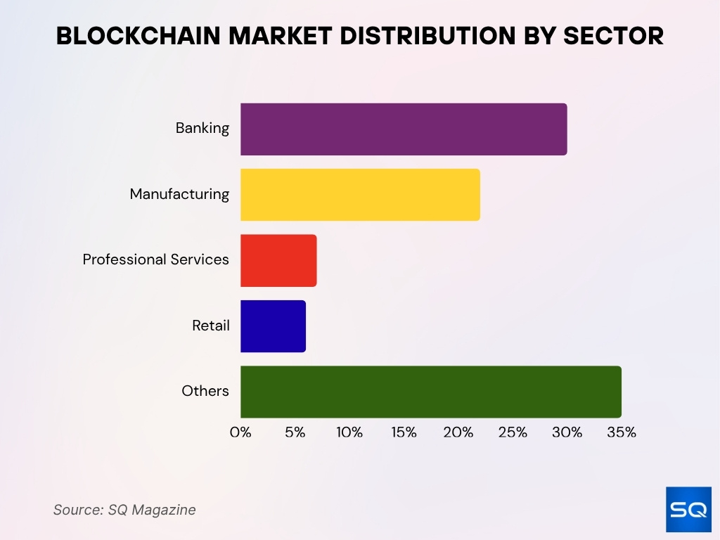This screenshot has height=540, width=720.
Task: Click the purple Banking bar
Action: point(404,129)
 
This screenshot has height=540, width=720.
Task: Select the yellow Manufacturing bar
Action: point(360,195)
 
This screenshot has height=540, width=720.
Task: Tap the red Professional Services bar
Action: point(278,260)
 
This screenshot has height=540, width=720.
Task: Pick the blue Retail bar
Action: point(273,326)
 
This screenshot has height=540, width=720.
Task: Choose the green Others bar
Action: point(430,392)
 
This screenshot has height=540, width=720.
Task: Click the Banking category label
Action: point(202,128)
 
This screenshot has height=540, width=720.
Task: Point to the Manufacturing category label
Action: point(179,194)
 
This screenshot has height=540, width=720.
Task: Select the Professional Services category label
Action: point(156,259)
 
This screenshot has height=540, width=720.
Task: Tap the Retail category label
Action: point(211,326)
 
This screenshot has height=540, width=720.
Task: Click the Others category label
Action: point(205,391)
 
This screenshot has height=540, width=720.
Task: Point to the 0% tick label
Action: point(240,432)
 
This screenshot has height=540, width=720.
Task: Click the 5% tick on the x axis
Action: point(295,432)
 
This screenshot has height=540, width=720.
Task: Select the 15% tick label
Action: point(404,432)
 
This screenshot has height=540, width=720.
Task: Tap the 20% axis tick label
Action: point(458,432)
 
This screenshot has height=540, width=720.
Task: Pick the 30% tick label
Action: point(567,432)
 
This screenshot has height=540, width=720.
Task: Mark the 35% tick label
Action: point(621,432)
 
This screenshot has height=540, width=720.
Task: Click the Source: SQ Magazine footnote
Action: point(124,510)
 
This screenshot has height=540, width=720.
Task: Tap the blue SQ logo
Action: point(688,508)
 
